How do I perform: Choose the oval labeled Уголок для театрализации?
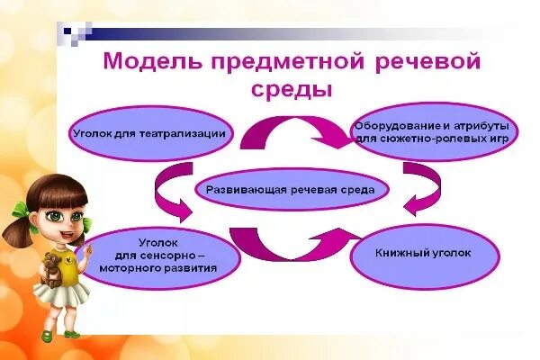(148, 134)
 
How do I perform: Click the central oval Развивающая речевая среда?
(283, 190)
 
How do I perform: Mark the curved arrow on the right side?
(419, 188)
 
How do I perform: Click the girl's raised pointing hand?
(91, 246)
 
